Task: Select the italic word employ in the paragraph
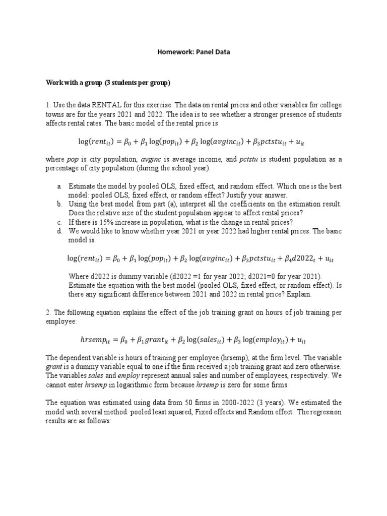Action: (x=128, y=375)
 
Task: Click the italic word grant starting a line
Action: (x=54, y=367)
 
